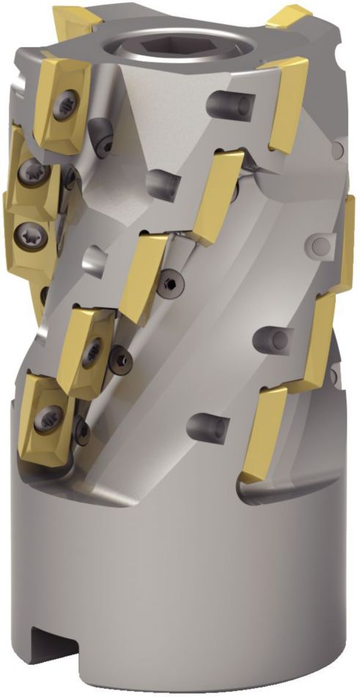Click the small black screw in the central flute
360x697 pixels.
[170, 282]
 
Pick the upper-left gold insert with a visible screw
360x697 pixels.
[62, 103]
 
